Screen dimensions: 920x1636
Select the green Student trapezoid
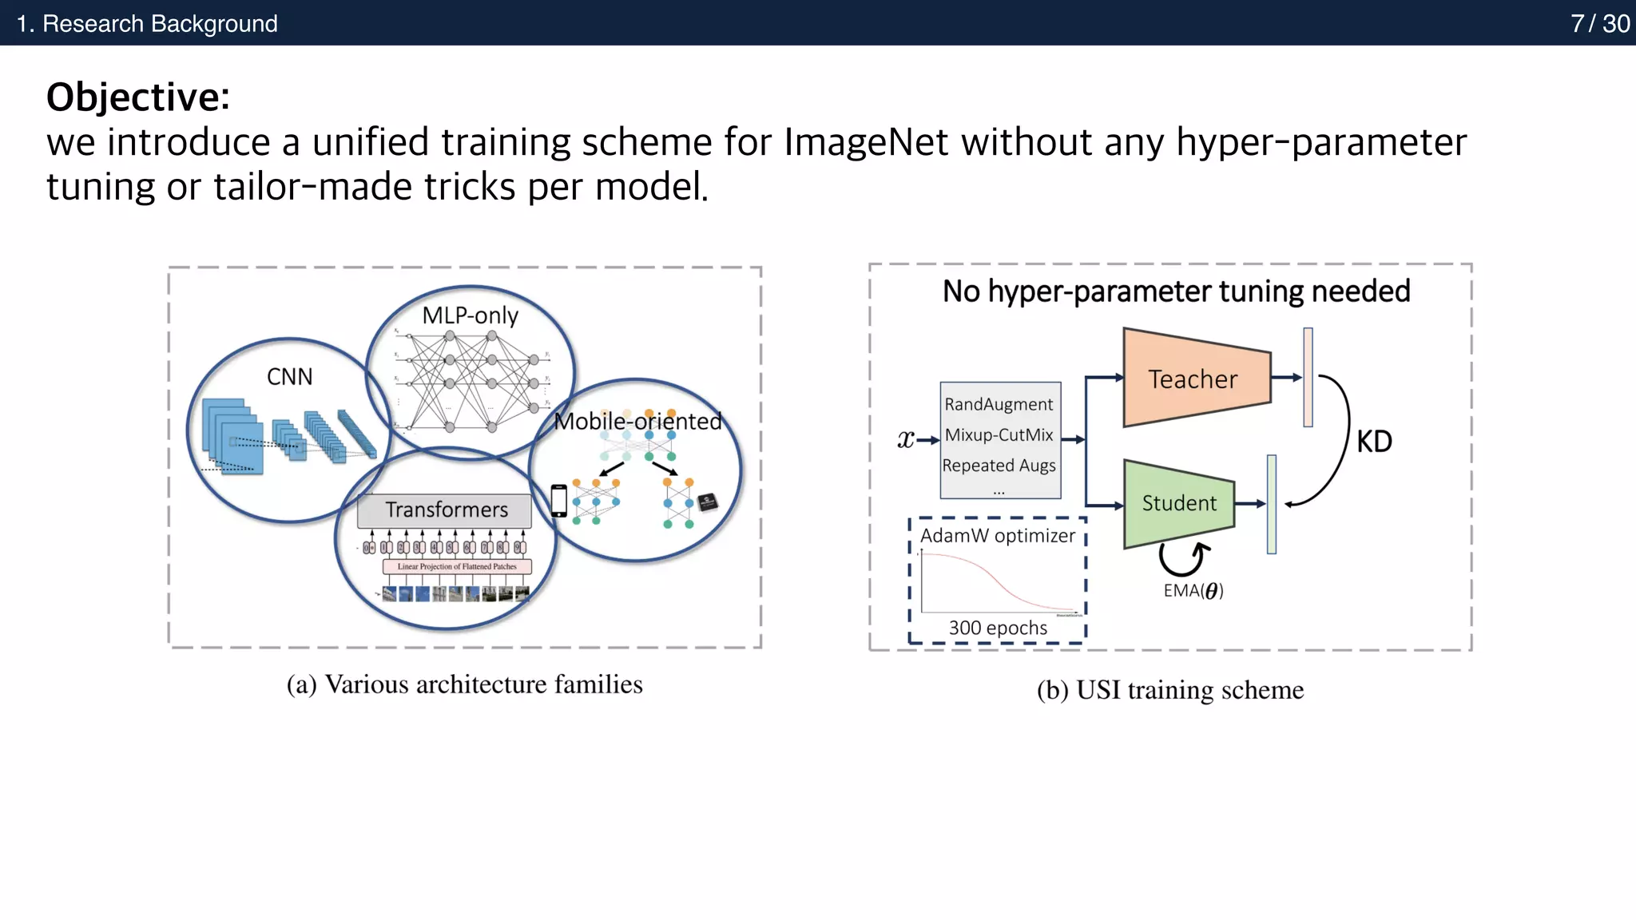coord(1178,503)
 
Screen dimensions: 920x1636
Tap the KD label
coord(1374,442)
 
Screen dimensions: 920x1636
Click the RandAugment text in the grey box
coord(999,404)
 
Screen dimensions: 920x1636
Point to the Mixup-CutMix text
coord(999,435)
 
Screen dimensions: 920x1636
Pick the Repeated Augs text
coord(999,466)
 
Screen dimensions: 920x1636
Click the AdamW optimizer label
coord(997,536)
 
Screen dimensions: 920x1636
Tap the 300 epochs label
coord(998,629)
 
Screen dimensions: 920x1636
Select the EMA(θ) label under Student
coord(1193,591)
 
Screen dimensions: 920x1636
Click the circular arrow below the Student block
coord(1183,558)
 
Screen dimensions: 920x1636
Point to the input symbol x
coord(905,439)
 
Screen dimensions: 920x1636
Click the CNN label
coord(289,377)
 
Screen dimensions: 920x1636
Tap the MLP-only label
coord(470,315)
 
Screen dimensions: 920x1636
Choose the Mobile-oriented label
coord(637,421)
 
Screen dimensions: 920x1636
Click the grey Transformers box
coord(445,510)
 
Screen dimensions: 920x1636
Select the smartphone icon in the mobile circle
coord(559,501)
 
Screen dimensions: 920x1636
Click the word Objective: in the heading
coord(138,97)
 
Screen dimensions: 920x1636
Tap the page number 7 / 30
coord(1599,23)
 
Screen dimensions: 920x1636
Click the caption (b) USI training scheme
coord(1169,690)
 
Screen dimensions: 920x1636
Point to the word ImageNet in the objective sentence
coord(865,143)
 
